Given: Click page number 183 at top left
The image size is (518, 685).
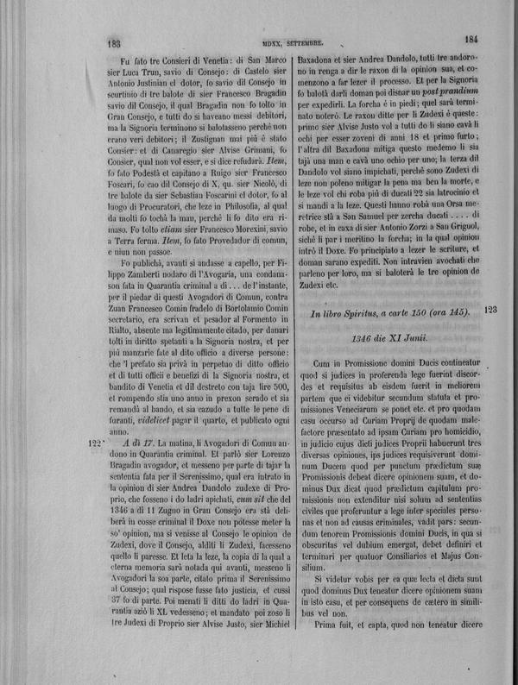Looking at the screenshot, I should point(111,40).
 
